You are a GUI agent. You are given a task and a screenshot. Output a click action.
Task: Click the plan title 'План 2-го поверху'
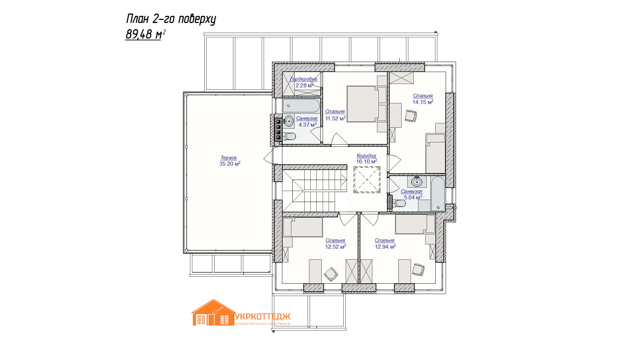pos(171,19)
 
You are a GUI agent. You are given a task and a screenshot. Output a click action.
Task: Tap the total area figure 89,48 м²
pos(145,34)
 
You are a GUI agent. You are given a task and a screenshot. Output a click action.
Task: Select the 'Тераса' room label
pos(229,158)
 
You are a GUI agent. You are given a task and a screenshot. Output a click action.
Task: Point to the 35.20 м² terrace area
pos(230,164)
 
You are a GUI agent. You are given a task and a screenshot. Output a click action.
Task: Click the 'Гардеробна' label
pos(303,79)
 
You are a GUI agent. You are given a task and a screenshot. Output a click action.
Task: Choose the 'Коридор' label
pos(366,156)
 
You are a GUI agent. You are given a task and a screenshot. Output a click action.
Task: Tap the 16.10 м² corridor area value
pos(367,161)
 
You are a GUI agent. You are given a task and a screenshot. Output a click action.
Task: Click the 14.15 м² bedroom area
pos(423,102)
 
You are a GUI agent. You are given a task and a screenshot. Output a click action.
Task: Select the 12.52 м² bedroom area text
pos(336,247)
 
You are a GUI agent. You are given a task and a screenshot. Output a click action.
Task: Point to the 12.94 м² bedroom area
pos(385,247)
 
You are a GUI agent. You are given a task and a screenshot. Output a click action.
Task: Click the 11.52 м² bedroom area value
pos(335,118)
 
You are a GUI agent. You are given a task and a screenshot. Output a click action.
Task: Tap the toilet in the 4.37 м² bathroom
pos(289,136)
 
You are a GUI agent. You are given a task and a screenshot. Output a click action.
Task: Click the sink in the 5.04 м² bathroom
pos(417,182)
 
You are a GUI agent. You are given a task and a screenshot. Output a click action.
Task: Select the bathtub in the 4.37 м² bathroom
pos(301,106)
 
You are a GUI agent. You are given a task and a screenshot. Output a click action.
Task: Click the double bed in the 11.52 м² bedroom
pos(367,104)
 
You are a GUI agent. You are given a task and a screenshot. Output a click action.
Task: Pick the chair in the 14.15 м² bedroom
pos(411,116)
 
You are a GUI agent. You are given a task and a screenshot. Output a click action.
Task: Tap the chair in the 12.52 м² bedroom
pos(331,274)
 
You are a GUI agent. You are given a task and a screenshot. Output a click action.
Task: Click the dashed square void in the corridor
pos(367,180)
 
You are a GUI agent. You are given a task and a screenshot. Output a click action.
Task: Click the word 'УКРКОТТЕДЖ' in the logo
pos(263,316)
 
